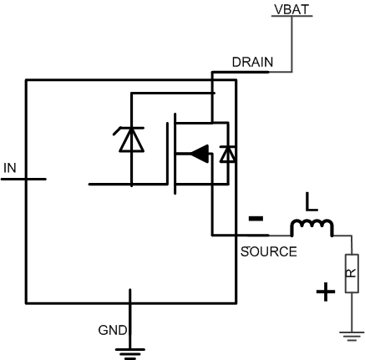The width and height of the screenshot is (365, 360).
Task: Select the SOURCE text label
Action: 268,251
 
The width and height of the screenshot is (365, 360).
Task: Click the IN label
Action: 9,168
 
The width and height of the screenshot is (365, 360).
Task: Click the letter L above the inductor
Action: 311,203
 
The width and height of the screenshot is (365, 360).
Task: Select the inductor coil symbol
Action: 312,227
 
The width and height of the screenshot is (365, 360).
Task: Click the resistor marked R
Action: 351,271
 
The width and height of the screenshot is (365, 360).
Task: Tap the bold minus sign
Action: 256,219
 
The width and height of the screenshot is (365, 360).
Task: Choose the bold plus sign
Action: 326,292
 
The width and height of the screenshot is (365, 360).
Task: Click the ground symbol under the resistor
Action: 351,336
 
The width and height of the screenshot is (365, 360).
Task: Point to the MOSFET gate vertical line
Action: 174,155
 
